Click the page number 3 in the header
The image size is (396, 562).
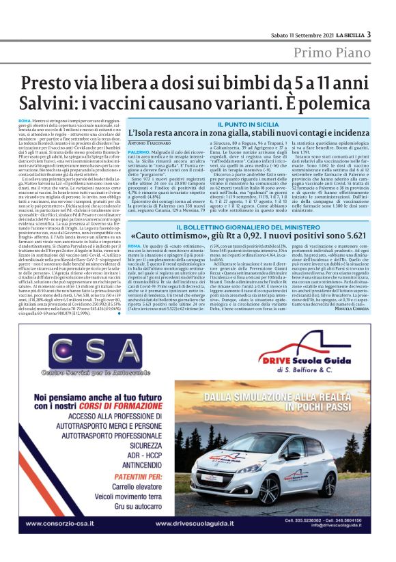[x=369, y=35]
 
